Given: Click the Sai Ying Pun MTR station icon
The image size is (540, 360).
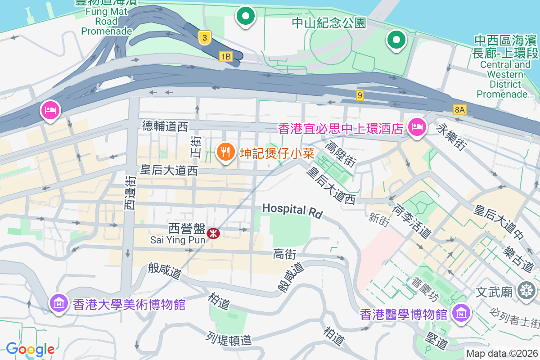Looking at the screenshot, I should [x=213, y=234].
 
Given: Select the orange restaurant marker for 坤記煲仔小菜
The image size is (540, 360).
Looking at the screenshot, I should [x=225, y=152].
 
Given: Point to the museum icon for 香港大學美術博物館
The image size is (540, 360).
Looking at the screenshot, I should [x=59, y=304].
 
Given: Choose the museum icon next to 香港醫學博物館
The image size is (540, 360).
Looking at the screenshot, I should [x=461, y=313].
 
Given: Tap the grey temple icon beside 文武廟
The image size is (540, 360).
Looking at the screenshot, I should [x=526, y=290].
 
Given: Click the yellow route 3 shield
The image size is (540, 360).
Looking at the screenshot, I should [x=204, y=38].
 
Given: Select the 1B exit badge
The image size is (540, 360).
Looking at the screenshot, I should [x=225, y=56].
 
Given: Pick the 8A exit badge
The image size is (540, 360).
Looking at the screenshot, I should [x=459, y=109].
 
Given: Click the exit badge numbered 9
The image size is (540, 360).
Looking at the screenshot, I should [x=359, y=95].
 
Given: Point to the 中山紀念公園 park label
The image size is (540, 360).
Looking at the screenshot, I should [x=329, y=23].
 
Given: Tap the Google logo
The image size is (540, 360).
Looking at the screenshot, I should [x=30, y=349].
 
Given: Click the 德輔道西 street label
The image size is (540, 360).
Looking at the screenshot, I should [x=165, y=126].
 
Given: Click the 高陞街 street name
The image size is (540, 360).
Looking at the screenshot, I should [x=340, y=156].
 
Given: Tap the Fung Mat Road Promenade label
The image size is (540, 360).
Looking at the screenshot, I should [x=106, y=21].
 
